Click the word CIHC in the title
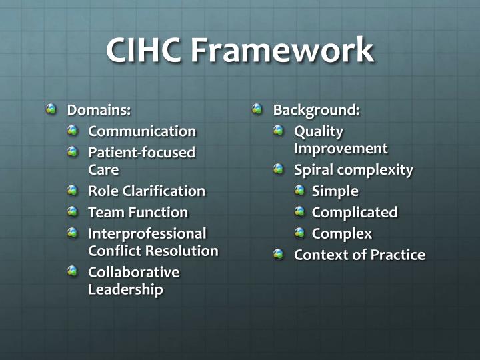[x=143, y=51]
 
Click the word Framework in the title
[x=282, y=51]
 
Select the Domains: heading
[x=99, y=109]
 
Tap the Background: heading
[x=316, y=109]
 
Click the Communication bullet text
[x=142, y=131]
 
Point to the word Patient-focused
[x=142, y=152]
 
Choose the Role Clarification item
[x=147, y=191]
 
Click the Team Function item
[x=138, y=212]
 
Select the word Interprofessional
[x=147, y=233]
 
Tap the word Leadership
[x=125, y=289]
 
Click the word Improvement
[x=341, y=148]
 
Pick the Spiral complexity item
[x=353, y=169]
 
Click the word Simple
[x=335, y=191]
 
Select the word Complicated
[x=355, y=212]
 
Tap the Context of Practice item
[x=359, y=255]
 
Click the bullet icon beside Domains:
[x=51, y=109]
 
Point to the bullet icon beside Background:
[x=258, y=109]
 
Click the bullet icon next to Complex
[x=300, y=233]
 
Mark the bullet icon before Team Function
[x=73, y=211]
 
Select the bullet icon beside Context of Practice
[x=279, y=254]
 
